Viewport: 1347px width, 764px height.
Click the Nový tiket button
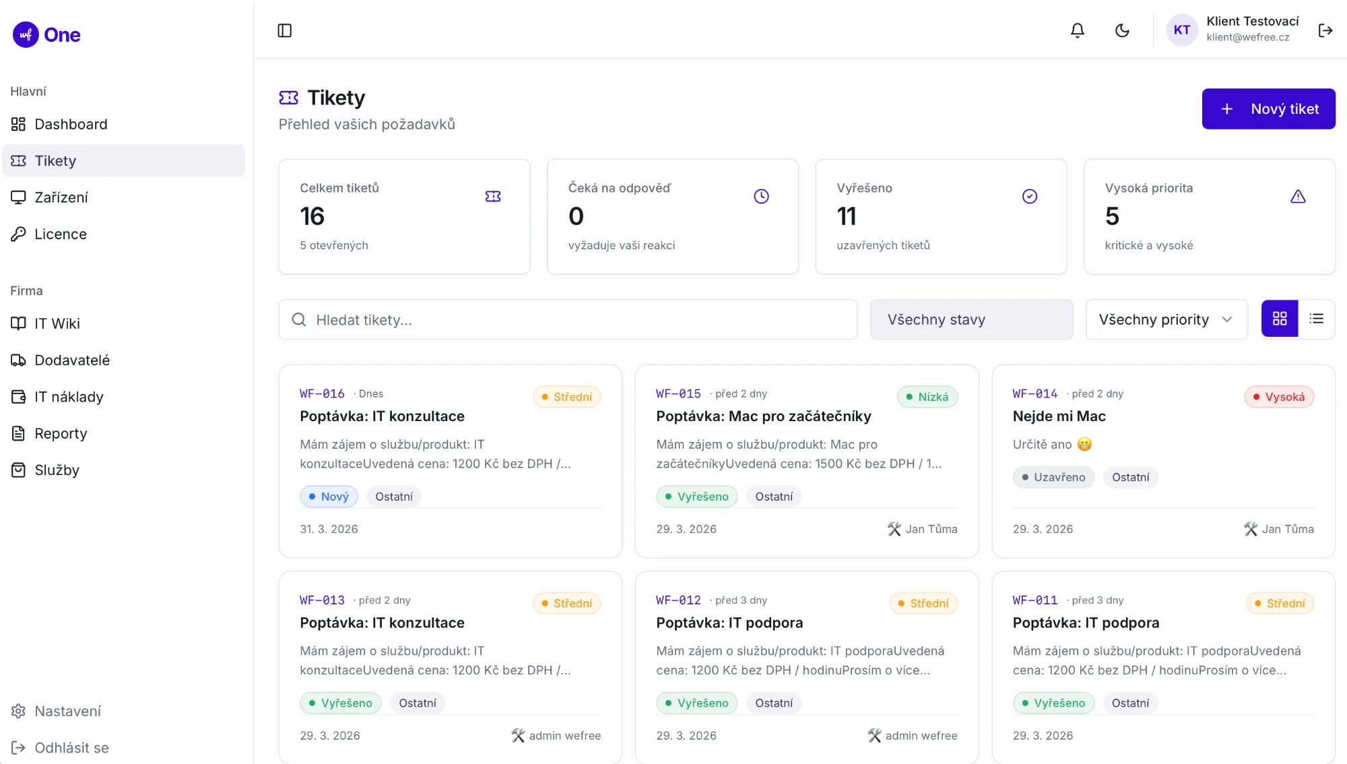tap(1268, 108)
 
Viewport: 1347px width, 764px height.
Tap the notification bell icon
tap(1078, 30)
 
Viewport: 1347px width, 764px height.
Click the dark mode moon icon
tap(1122, 30)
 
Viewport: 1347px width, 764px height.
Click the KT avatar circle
tap(1182, 30)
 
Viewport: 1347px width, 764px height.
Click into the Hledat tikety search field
tap(568, 319)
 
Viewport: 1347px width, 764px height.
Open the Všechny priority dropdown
tap(1167, 319)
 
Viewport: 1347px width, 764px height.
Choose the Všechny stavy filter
tap(971, 319)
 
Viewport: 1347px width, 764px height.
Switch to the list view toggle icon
tap(1317, 319)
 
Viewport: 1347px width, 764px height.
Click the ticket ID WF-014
tap(1035, 393)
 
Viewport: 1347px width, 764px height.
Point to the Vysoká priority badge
tap(1279, 397)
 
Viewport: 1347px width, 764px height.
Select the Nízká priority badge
tap(927, 397)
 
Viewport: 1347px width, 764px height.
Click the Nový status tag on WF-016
tap(329, 497)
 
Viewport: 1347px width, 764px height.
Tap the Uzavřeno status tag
tap(1053, 477)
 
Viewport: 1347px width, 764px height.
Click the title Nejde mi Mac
tap(1059, 416)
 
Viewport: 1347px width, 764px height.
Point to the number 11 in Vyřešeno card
tap(847, 216)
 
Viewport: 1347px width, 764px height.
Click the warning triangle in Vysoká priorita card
tap(1298, 196)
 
